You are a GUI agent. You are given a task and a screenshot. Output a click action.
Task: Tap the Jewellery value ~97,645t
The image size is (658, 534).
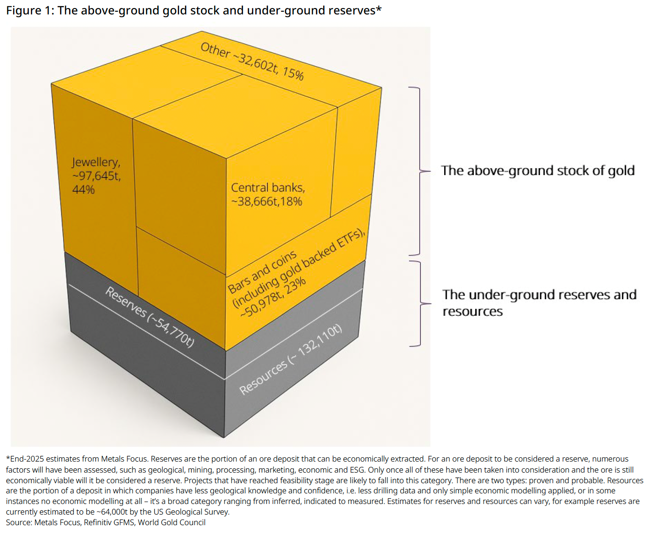pos(97,176)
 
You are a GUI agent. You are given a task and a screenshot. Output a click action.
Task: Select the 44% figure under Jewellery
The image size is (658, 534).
pos(83,189)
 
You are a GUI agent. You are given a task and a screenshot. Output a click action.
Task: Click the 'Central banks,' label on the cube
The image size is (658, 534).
pos(268,188)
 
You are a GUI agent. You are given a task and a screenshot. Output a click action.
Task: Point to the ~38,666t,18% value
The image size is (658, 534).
pos(266,201)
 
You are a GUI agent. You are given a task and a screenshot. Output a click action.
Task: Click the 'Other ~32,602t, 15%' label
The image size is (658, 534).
pos(252,61)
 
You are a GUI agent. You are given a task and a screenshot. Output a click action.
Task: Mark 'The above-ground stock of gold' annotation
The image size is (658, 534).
pos(538,170)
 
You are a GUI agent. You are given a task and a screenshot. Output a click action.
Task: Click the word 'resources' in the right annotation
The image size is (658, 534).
pos(473,311)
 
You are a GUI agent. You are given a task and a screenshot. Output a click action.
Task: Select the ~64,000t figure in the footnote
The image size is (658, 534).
pos(112,512)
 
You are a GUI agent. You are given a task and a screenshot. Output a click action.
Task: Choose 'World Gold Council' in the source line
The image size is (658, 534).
pos(171,523)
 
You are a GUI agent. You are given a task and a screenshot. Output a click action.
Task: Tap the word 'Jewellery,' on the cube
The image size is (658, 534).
pos(96,162)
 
